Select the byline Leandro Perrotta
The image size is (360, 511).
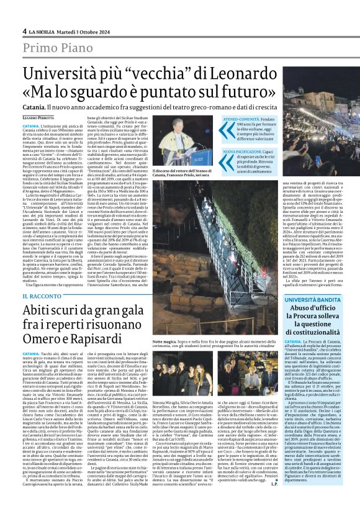[x=38, y=117]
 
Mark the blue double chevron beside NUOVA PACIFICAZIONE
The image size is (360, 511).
[x=227, y=151]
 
